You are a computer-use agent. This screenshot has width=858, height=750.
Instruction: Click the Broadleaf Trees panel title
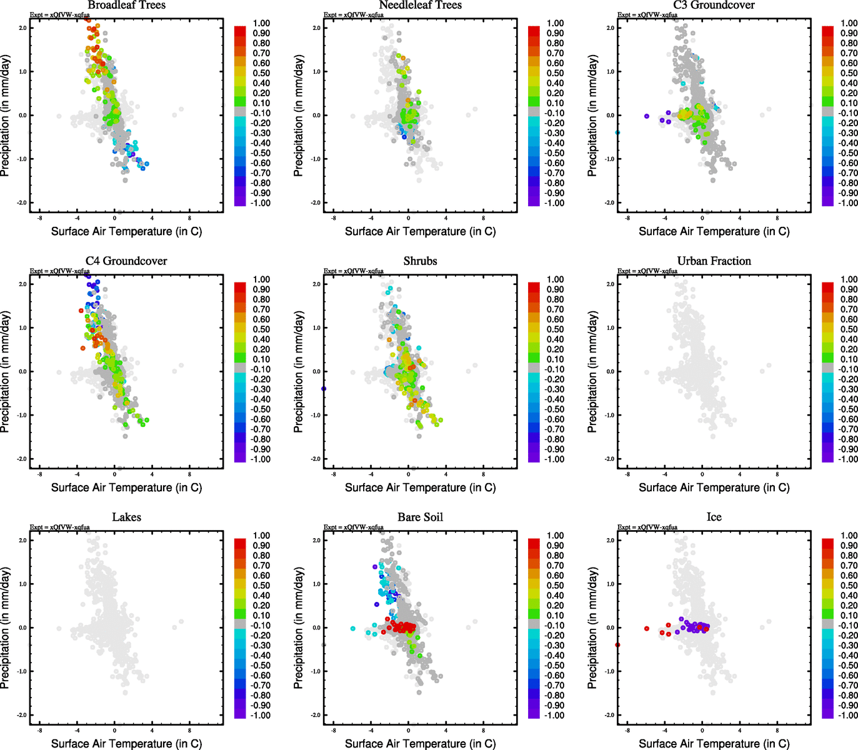[126, 6]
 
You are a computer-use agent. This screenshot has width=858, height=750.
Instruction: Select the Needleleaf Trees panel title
[420, 6]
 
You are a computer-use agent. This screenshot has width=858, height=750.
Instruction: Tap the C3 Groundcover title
[714, 6]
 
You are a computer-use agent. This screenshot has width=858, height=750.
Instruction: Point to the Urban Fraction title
[714, 261]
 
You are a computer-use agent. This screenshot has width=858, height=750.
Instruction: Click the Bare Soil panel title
[420, 517]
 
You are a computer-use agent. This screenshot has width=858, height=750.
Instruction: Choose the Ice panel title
[714, 517]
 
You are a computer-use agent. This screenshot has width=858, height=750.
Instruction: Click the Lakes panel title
[126, 517]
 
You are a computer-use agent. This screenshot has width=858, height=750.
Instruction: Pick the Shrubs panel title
[420, 261]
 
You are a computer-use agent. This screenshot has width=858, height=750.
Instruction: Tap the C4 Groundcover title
[126, 261]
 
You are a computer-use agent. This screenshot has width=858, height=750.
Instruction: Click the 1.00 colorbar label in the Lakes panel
[261, 536]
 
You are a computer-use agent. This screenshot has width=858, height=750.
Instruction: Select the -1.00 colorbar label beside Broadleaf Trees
[260, 203]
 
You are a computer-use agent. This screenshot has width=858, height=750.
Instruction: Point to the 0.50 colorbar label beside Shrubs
[555, 329]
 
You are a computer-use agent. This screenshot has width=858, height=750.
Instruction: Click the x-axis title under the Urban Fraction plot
[714, 487]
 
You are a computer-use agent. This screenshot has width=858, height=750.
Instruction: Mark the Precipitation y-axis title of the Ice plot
[592, 628]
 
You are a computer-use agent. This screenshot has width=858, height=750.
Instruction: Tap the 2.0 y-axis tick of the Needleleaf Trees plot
[316, 28]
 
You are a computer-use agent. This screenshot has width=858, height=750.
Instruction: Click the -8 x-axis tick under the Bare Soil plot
[333, 730]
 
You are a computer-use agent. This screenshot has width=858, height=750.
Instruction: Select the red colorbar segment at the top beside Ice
[827, 543]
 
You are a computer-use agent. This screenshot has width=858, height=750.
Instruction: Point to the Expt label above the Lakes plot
[60, 527]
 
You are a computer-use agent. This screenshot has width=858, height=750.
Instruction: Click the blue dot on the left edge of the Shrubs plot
[324, 389]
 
